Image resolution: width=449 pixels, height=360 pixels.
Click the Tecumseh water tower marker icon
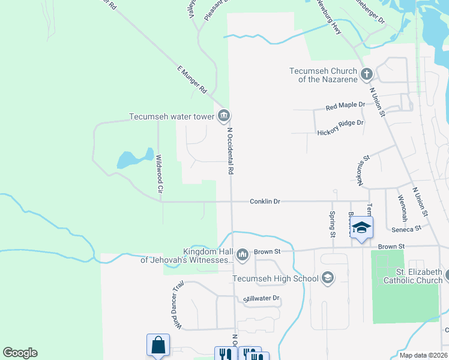(224, 115)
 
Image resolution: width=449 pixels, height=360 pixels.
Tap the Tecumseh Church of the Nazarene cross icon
(366, 75)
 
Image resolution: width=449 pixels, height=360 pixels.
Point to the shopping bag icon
(158, 346)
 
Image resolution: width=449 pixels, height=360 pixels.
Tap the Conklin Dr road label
(265, 202)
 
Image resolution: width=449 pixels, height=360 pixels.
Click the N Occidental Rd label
(230, 150)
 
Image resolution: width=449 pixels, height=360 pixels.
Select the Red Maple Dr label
(345, 106)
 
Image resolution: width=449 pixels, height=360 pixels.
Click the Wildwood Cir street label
(160, 173)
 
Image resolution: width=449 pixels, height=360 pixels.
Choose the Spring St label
(331, 224)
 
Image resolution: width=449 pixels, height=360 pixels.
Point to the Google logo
(20, 353)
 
